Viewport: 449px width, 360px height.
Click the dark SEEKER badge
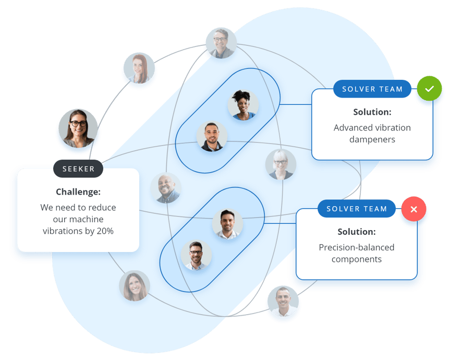click(78, 169)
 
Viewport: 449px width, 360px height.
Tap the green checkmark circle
click(429, 89)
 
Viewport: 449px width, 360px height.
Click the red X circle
click(414, 209)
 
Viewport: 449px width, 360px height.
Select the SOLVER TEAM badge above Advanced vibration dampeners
click(372, 89)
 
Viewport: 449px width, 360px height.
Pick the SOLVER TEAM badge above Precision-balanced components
click(357, 209)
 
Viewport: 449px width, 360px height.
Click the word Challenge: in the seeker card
click(78, 191)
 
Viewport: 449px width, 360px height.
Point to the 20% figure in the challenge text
click(105, 231)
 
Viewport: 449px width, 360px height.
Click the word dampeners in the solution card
click(372, 139)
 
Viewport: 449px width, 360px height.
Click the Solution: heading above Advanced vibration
click(372, 112)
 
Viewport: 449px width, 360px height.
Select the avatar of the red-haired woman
click(139, 68)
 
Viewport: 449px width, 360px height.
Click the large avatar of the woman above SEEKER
click(78, 128)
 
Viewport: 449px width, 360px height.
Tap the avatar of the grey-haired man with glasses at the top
click(221, 43)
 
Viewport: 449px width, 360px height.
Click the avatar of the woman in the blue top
click(243, 105)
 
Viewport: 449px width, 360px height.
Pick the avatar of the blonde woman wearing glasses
click(281, 164)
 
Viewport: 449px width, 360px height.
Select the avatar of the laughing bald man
click(166, 188)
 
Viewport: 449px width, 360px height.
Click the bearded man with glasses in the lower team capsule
click(196, 255)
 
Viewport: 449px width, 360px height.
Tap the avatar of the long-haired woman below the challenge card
click(135, 286)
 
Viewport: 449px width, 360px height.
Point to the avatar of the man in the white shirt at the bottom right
click(283, 301)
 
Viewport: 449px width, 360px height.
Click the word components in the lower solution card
click(357, 259)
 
